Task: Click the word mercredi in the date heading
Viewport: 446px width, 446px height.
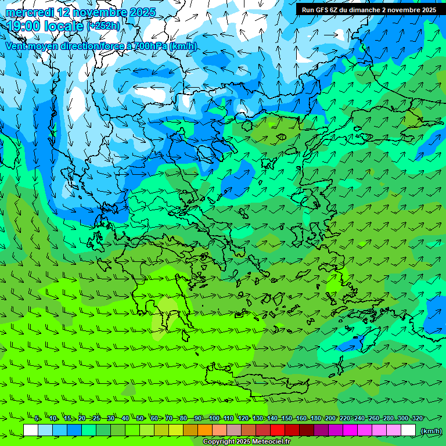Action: click(30, 12)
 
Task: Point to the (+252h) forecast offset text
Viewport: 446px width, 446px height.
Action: click(103, 26)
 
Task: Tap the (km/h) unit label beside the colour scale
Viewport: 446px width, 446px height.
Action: click(431, 431)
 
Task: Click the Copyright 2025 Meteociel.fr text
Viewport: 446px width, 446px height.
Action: click(246, 442)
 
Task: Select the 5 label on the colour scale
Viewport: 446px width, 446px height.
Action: click(37, 418)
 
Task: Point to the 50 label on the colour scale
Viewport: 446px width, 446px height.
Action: click(139, 418)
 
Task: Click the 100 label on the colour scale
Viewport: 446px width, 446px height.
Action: click(214, 418)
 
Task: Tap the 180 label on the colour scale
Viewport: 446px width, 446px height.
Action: click(316, 418)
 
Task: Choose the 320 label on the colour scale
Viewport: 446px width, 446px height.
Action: click(417, 418)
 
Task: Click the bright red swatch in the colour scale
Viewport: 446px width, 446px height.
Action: click(278, 430)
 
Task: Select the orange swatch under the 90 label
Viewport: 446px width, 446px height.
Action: click(205, 430)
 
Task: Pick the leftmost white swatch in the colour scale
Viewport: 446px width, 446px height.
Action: click(31, 430)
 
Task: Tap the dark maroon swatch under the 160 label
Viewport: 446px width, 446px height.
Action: click(307, 430)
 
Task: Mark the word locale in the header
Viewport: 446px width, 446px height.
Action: click(65, 26)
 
